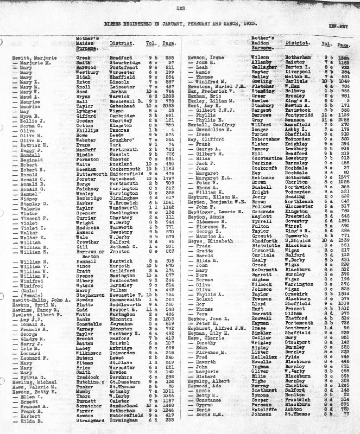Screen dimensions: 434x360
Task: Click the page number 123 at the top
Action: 180,8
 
